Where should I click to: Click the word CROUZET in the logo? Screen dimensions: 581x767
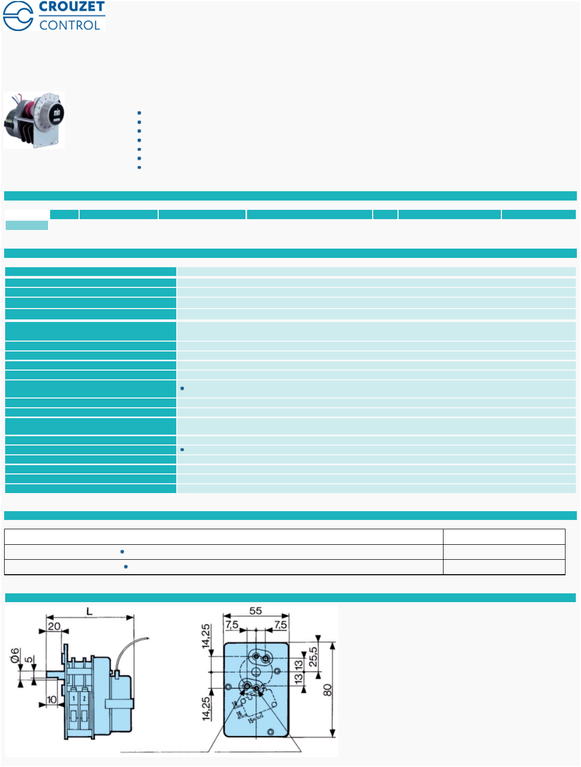point(72,7)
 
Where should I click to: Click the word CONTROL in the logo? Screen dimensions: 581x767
point(70,25)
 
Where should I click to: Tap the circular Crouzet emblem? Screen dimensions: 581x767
point(18,16)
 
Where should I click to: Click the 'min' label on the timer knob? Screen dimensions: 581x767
point(57,112)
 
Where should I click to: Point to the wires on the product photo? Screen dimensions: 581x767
point(20,98)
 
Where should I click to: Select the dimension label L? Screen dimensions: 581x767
point(89,612)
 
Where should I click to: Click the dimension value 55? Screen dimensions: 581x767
point(255,611)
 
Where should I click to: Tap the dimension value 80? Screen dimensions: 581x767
point(327,690)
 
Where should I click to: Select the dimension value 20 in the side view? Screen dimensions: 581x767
point(54,626)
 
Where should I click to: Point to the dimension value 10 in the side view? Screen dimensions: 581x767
point(52,700)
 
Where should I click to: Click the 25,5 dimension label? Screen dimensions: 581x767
point(313,657)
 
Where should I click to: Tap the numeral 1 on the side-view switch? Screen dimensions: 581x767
point(73,698)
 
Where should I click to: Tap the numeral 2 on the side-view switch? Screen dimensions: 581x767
point(84,698)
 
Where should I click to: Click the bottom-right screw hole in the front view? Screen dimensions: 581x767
point(271,732)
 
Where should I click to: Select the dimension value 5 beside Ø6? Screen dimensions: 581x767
point(29,659)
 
